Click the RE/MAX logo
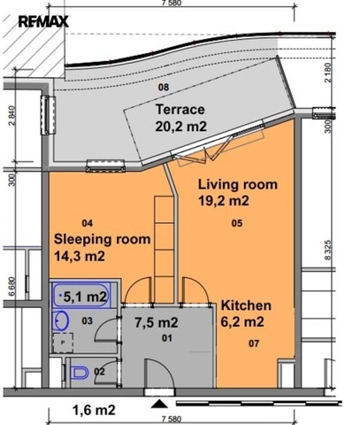point(43,21)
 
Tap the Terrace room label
point(180,110)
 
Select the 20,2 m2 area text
point(181,127)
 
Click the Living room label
point(238,184)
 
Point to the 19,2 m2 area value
point(224,201)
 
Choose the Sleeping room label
point(102,240)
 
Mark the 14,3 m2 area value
point(80,256)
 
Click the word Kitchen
point(246,305)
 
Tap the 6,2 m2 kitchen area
point(242,321)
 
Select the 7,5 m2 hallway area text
point(157,322)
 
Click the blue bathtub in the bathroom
point(81,296)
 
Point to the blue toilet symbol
point(80,373)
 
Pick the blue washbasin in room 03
point(61,321)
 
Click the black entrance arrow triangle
point(159,404)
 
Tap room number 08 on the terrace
point(164,87)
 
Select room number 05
point(237,223)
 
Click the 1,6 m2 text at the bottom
point(94,410)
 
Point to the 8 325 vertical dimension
point(328,251)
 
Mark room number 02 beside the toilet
point(99,371)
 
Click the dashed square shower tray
point(63,343)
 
